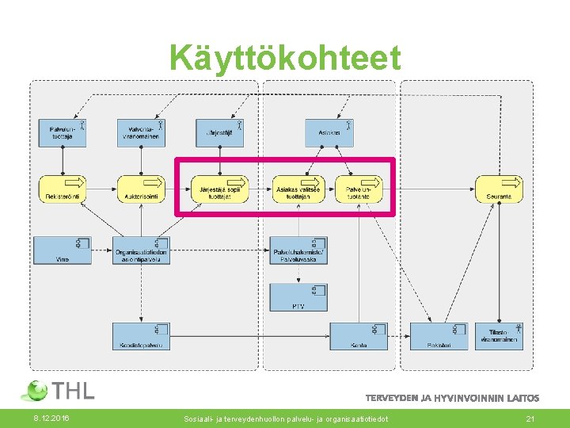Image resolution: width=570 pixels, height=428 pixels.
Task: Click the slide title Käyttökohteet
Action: (284, 59)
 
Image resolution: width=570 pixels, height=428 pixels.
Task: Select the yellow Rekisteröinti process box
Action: (62, 189)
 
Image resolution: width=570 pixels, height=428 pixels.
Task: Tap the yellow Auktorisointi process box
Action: (141, 189)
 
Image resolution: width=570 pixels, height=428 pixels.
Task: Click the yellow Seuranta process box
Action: (499, 189)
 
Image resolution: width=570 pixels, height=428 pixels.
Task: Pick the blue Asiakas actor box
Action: (329, 132)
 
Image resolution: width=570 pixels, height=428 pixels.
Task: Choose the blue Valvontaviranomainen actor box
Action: (141, 132)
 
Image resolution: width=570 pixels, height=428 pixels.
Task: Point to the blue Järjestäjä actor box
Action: (219, 132)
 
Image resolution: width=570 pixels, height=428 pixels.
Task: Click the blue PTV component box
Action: (298, 297)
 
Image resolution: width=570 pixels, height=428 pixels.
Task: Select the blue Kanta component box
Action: (359, 336)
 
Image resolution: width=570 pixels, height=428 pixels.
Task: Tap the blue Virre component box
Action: (62, 250)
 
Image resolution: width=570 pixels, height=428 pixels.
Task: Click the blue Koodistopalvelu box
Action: (141, 336)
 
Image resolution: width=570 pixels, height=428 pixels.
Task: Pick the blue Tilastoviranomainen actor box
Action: (499, 336)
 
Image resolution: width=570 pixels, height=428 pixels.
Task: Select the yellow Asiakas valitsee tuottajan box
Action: (298, 189)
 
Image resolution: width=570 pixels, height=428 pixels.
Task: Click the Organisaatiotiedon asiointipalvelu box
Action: (141, 250)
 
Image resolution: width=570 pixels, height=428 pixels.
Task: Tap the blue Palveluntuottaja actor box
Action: (62, 132)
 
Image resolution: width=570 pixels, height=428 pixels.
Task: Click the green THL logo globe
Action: (36, 391)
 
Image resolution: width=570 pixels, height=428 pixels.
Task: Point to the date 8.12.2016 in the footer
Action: (51, 418)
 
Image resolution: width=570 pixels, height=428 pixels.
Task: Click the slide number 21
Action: (531, 418)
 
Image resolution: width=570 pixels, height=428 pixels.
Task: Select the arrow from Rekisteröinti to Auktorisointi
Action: (101, 189)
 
